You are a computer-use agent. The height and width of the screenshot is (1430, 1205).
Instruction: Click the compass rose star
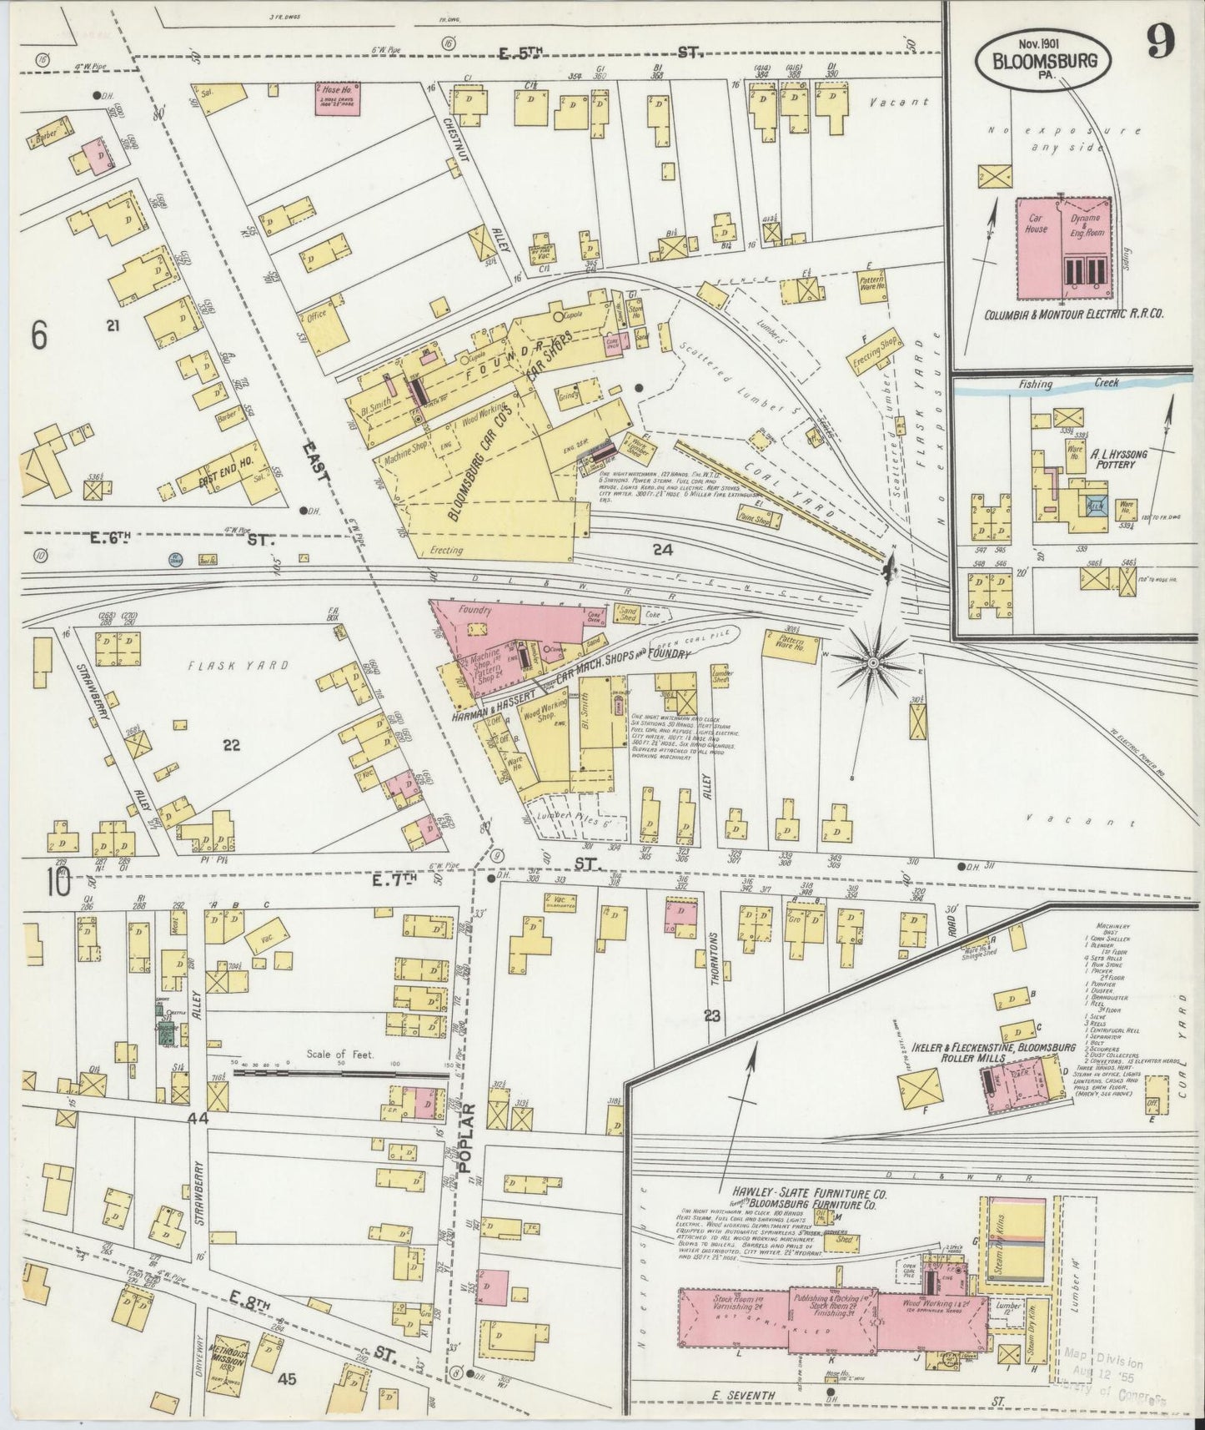point(871,662)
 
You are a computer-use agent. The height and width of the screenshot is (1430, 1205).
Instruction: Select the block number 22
point(231,746)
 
